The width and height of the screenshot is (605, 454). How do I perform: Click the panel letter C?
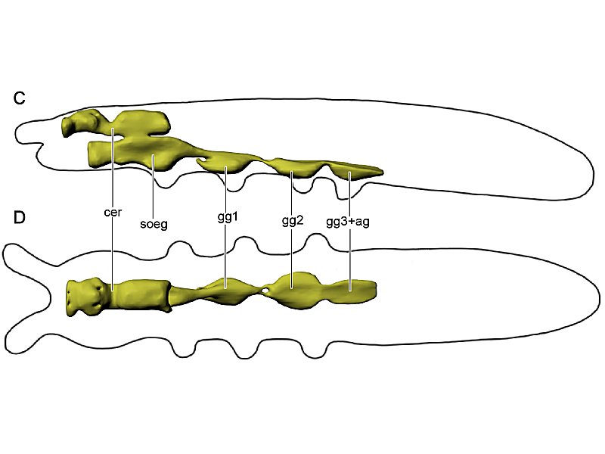pos(19,98)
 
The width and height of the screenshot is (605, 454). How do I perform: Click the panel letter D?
pos(19,217)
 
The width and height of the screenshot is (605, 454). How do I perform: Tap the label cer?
pos(113,212)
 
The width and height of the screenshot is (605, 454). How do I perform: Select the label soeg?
pos(154,224)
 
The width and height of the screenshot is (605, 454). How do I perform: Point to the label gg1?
pos(228,217)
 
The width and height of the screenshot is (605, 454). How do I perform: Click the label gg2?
pos(293,221)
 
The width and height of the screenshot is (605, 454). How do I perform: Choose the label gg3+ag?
pos(348,222)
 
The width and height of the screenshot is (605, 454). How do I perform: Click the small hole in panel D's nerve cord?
pos(265,289)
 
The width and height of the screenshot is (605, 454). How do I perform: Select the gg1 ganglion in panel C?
pos(225,163)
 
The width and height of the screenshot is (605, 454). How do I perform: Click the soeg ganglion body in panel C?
pos(147,153)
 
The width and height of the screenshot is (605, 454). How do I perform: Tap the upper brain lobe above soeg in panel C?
pos(143,123)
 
